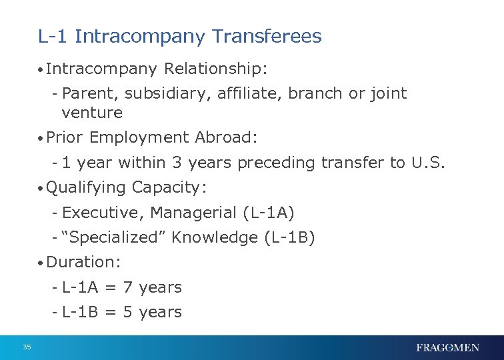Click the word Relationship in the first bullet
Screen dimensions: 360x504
(x=215, y=68)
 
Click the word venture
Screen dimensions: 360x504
(x=92, y=112)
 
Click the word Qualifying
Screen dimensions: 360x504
(x=87, y=189)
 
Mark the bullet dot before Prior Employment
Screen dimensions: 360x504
(x=41, y=138)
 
